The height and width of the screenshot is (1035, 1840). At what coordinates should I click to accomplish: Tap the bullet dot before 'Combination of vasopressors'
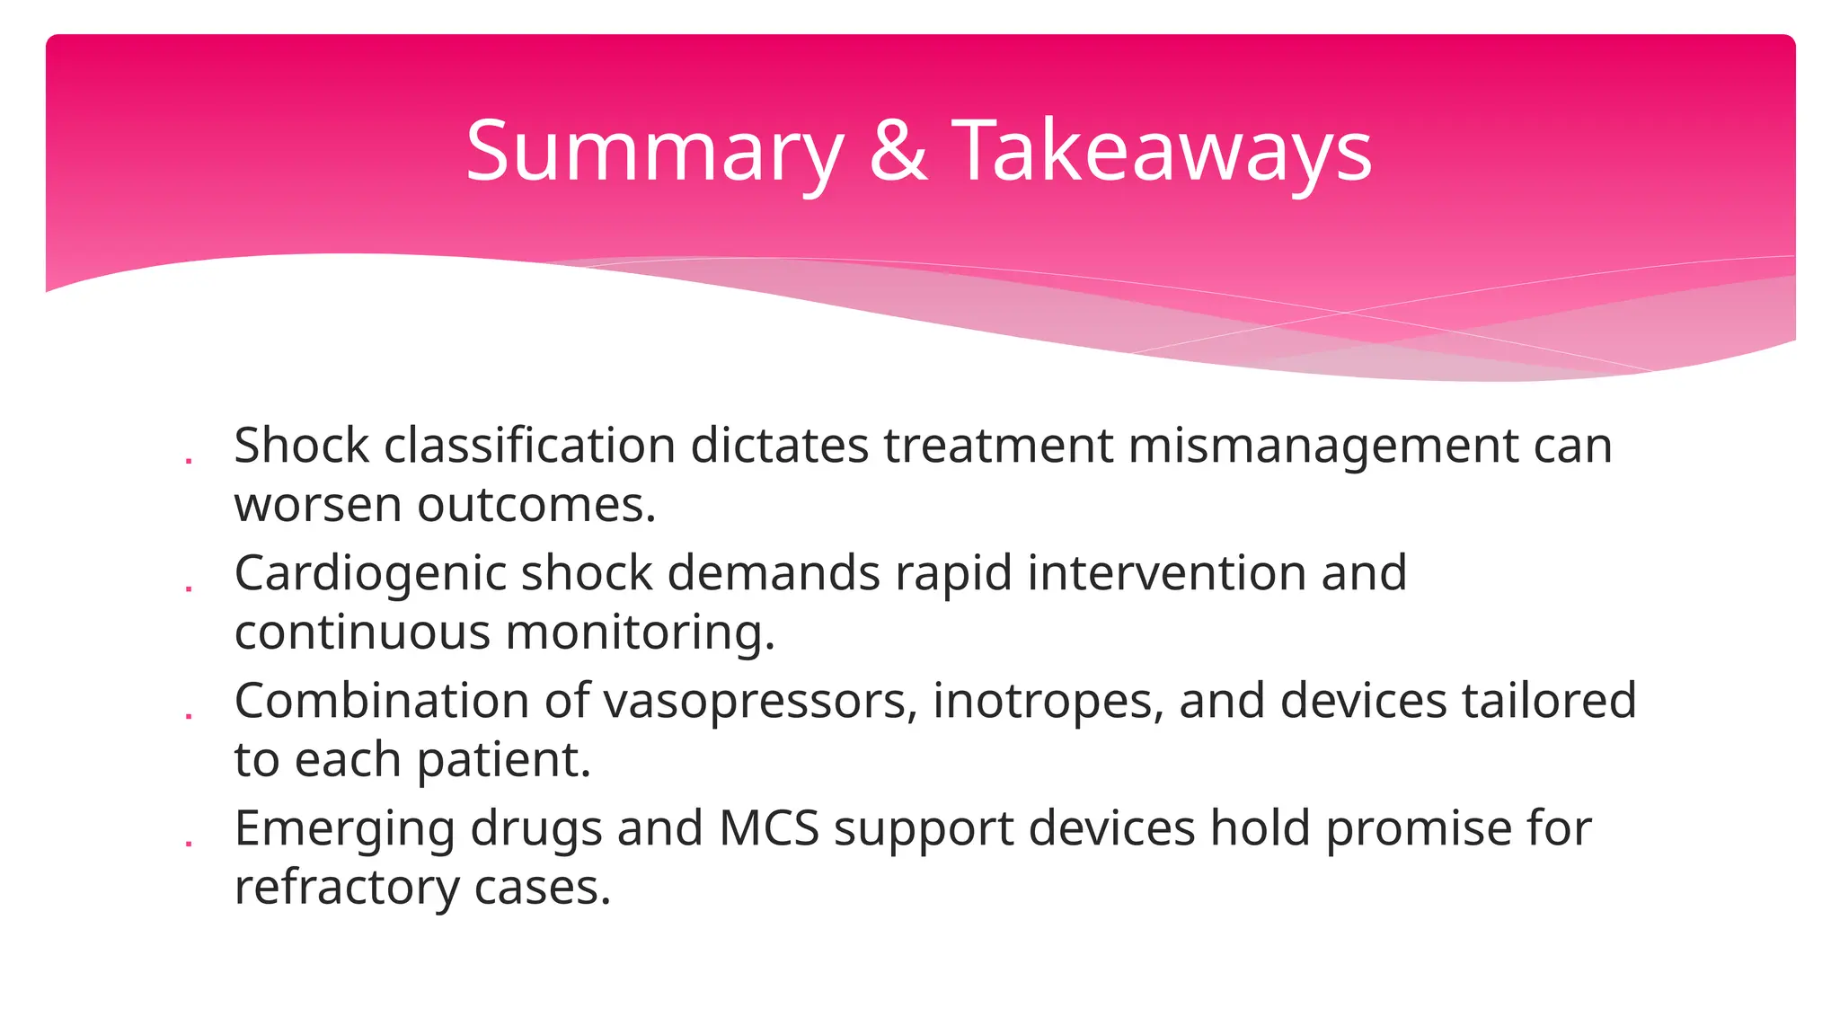(189, 717)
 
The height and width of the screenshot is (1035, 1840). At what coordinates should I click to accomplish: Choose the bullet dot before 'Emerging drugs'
(189, 845)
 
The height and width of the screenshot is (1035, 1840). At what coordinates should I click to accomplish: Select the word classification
(530, 446)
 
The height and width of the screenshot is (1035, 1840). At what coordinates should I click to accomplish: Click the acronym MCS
(769, 828)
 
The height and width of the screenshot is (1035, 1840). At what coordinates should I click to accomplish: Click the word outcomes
(536, 505)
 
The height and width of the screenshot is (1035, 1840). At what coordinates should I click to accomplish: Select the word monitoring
(640, 632)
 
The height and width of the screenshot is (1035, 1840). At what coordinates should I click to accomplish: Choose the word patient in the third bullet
(504, 760)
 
